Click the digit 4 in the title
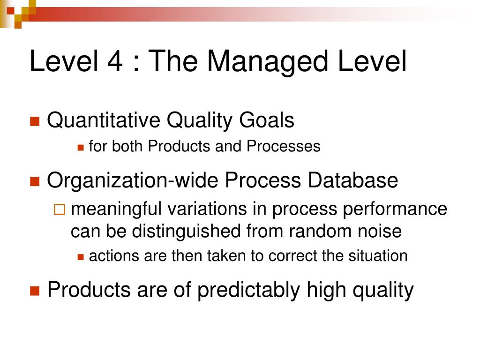click(x=115, y=61)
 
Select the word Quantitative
click(x=104, y=120)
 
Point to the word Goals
click(x=267, y=120)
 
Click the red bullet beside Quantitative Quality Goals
click(x=35, y=121)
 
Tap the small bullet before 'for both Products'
click(x=81, y=148)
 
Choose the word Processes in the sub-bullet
click(x=284, y=146)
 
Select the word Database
click(x=353, y=180)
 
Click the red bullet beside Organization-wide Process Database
click(x=35, y=181)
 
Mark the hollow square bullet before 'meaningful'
click(x=60, y=210)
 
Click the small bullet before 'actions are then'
click(x=81, y=257)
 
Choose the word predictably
click(x=248, y=290)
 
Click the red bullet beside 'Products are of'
click(x=35, y=291)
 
